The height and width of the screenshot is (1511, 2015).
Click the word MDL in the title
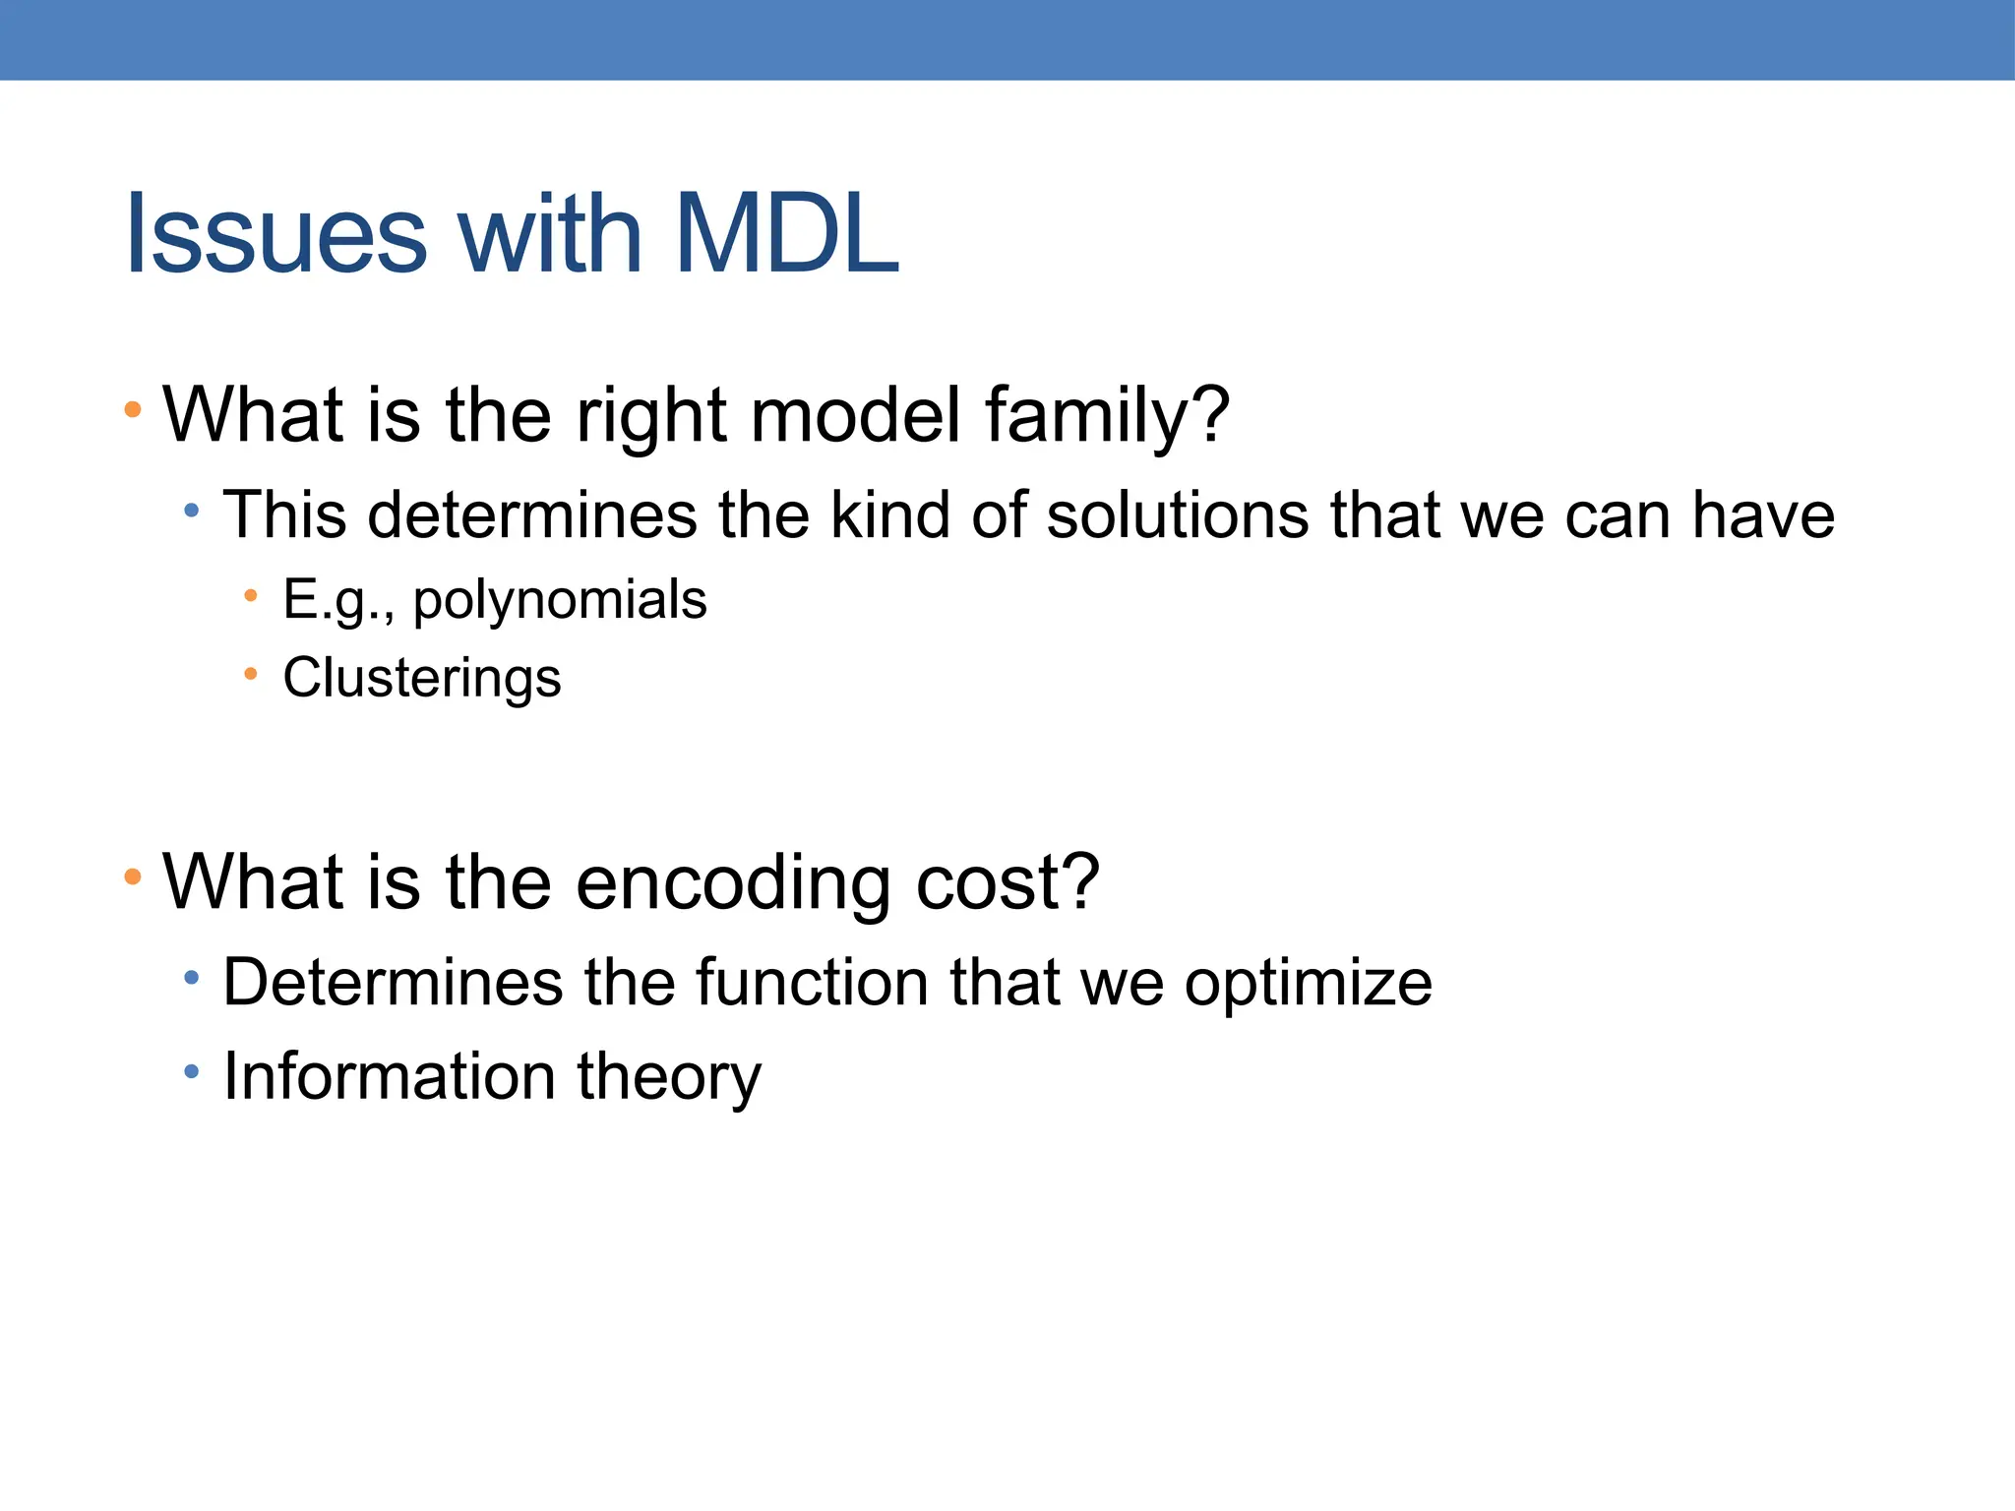pyautogui.click(x=787, y=234)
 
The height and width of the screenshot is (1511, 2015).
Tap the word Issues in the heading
pyautogui.click(x=275, y=234)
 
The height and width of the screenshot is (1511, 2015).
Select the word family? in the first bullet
pyautogui.click(x=1107, y=415)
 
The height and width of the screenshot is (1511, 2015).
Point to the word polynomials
pyautogui.click(x=559, y=600)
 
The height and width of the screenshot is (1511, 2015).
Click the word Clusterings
pyautogui.click(x=421, y=678)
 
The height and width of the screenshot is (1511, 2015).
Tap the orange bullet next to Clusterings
pyautogui.click(x=251, y=674)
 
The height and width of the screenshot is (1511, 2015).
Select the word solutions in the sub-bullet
pyautogui.click(x=1177, y=514)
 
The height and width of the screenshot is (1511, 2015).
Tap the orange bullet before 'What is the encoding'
pyautogui.click(x=133, y=876)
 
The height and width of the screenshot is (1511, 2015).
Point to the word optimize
pyautogui.click(x=1308, y=983)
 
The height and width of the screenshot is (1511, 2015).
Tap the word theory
pyautogui.click(x=669, y=1077)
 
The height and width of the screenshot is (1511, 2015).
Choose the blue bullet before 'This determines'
pyautogui.click(x=192, y=511)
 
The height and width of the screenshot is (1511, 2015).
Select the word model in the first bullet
pyautogui.click(x=854, y=415)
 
